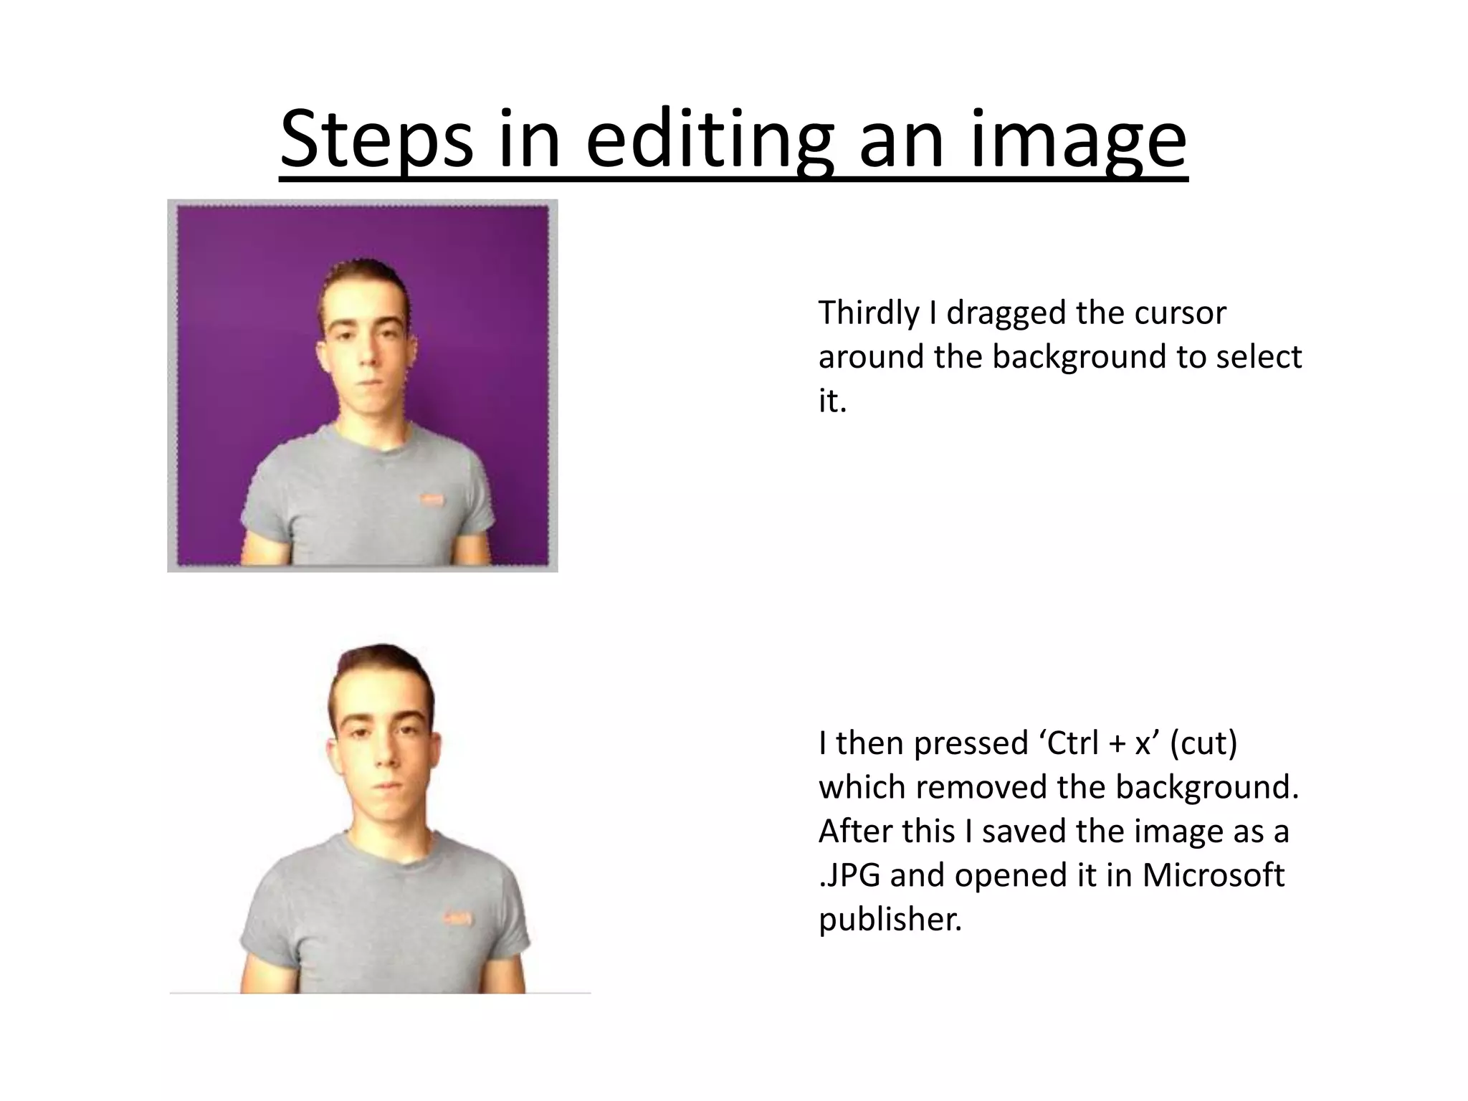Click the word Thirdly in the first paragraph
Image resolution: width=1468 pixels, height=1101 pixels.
click(868, 313)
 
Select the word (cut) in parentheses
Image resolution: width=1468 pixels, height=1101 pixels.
click(1204, 743)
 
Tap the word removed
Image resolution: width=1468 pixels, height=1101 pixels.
click(983, 787)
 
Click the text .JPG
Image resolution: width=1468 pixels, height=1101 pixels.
click(849, 875)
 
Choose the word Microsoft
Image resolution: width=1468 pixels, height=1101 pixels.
click(1213, 875)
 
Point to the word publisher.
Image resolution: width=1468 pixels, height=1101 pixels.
click(890, 920)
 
